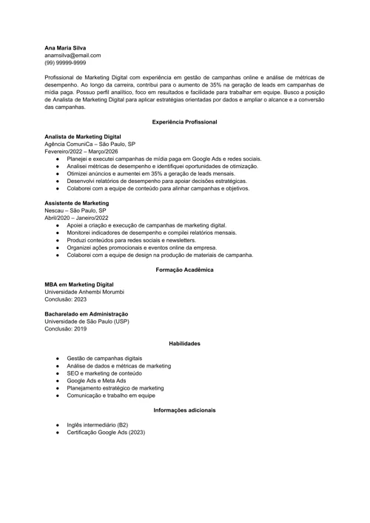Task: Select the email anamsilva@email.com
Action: (73, 55)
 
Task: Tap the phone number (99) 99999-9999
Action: (65, 63)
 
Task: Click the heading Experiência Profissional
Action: (184, 121)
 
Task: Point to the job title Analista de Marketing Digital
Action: (83, 137)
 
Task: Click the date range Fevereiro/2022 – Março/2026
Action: (81, 152)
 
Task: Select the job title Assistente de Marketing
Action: (76, 203)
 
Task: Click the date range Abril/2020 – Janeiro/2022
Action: (76, 218)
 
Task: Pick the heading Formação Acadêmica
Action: (184, 270)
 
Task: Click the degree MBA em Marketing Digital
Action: (79, 284)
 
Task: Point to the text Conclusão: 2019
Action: (66, 328)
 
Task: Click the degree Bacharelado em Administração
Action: (86, 314)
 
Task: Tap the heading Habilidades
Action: (184, 344)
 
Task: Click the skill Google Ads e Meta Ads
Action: (96, 381)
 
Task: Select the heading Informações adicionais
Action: (184, 410)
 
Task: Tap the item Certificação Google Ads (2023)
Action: (106, 432)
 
